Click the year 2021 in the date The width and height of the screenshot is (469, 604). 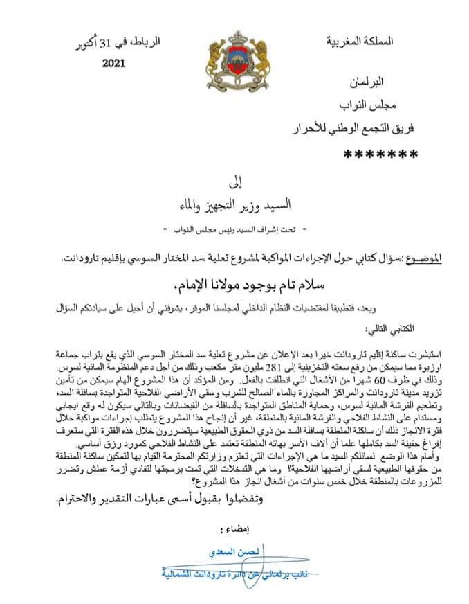pos(121,64)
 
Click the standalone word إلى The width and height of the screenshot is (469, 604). pos(234,185)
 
